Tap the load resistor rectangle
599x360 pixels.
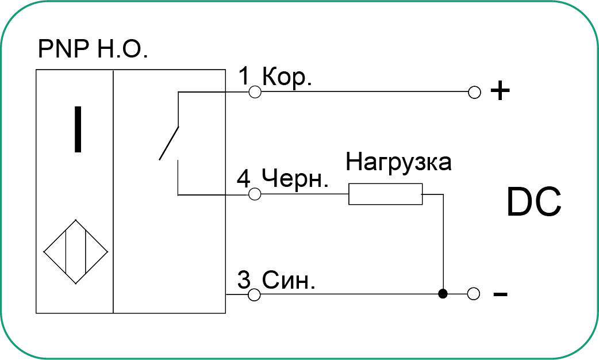[x=385, y=194]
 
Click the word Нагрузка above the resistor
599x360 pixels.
[x=398, y=162]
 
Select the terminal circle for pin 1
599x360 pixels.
[x=255, y=92]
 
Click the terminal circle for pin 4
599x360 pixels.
[x=255, y=195]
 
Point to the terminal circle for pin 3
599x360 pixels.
[x=255, y=294]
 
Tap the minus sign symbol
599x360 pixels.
[x=500, y=294]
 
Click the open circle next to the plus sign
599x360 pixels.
[x=474, y=92]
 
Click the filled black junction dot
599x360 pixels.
[x=442, y=294]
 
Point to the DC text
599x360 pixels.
[x=533, y=202]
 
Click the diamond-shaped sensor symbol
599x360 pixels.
[x=76, y=251]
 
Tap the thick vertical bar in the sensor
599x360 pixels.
[x=77, y=130]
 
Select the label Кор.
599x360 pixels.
[x=286, y=78]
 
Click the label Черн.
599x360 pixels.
[x=294, y=179]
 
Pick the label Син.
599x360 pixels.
[x=289, y=281]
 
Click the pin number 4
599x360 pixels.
[x=244, y=179]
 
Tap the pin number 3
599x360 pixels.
[x=244, y=281]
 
